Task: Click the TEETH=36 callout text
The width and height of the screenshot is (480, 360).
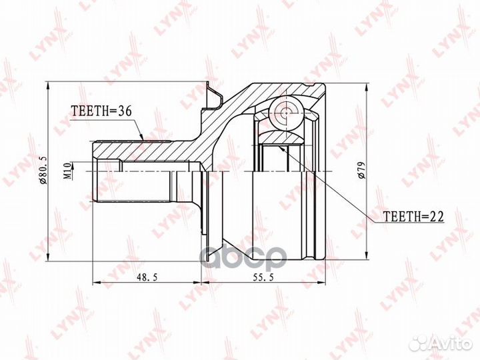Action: (x=101, y=111)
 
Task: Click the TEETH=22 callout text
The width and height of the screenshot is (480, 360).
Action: (x=413, y=217)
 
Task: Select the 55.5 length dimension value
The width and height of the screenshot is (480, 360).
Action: (x=263, y=277)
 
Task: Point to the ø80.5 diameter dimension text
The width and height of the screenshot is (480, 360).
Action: (x=43, y=170)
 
